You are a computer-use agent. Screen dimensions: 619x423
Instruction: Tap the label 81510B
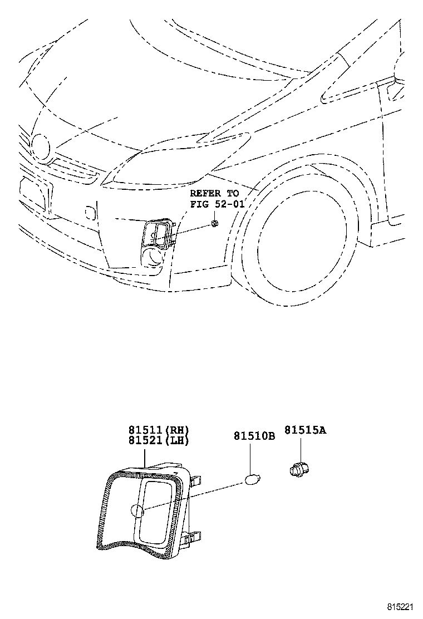click(x=254, y=436)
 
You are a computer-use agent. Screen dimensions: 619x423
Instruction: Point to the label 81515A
click(x=305, y=430)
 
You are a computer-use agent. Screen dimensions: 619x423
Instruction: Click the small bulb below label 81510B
click(x=252, y=478)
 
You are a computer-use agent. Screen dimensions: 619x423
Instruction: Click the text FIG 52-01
click(x=218, y=203)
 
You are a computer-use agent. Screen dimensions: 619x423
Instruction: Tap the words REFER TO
click(x=214, y=193)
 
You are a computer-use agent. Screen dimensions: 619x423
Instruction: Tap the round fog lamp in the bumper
click(x=153, y=257)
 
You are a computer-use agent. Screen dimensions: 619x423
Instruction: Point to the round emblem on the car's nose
click(x=40, y=145)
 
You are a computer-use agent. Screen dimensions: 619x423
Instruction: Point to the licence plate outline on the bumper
click(x=32, y=190)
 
